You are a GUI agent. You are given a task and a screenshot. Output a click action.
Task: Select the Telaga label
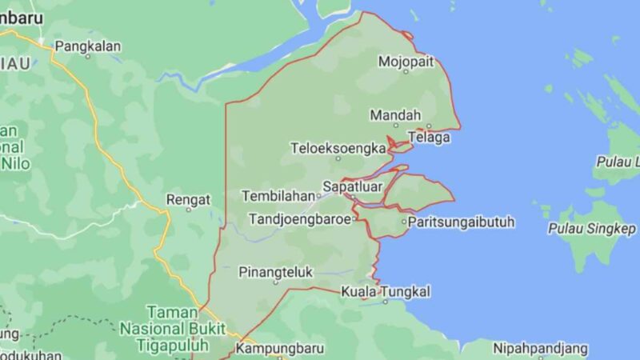429,138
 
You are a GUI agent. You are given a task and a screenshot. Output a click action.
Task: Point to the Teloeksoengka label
338,148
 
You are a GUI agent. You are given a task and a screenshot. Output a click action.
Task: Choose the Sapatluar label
352,187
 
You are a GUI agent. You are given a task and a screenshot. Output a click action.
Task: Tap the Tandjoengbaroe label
300,218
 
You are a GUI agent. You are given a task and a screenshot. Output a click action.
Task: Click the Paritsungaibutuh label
460,222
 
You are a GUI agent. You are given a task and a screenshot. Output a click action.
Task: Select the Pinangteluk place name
276,272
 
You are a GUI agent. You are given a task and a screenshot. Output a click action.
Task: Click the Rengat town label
188,199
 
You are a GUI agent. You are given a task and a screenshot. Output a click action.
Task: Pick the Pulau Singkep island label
591,228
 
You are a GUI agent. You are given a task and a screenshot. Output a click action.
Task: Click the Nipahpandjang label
540,349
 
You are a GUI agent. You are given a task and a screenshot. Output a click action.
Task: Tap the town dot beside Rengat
188,210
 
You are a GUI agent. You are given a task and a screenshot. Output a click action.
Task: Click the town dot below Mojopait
405,71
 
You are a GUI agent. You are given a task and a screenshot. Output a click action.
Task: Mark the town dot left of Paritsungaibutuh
402,222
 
